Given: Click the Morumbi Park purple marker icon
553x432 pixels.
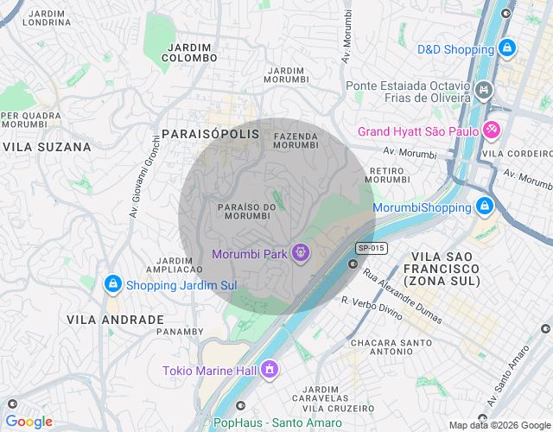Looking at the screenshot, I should [x=300, y=253].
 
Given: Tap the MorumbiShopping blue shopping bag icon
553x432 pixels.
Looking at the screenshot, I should [x=485, y=207].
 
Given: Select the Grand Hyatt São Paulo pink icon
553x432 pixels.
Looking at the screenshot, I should [x=492, y=131].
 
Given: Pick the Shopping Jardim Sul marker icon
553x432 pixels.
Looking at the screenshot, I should [x=112, y=284].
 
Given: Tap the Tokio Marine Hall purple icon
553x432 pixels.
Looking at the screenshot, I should [x=270, y=371].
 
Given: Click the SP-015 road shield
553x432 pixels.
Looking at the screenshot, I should [x=372, y=248].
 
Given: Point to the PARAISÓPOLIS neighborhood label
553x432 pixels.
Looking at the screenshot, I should [x=210, y=134].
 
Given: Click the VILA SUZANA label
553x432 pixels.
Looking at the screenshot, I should [x=47, y=147].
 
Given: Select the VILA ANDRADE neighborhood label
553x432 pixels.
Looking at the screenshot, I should [x=116, y=320].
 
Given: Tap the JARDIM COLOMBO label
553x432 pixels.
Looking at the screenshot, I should [x=190, y=52].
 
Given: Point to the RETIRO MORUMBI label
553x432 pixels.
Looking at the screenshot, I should [x=389, y=175].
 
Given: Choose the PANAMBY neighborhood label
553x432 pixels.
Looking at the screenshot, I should [x=181, y=331].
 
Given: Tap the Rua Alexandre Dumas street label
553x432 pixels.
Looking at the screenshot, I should [x=402, y=295].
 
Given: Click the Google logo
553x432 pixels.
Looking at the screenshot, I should [x=29, y=422].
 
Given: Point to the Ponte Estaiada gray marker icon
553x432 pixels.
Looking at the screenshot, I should [x=484, y=88].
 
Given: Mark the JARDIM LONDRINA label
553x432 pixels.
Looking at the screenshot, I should [x=48, y=18].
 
